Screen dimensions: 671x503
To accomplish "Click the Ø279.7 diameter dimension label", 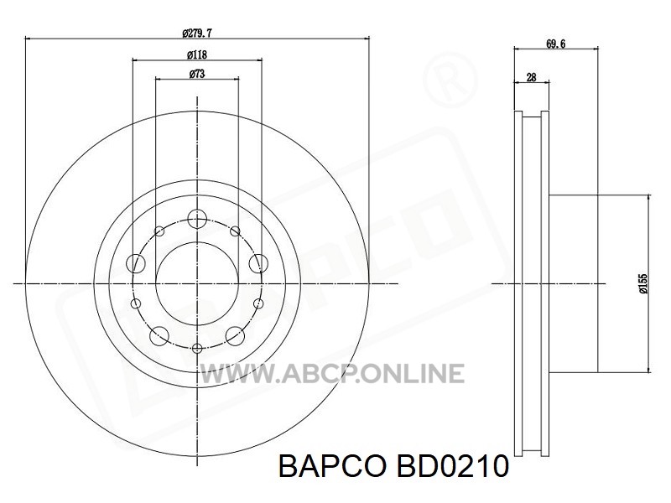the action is coord(197,33).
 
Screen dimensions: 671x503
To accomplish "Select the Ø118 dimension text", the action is coord(197,54).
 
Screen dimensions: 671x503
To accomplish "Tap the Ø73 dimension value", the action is coord(197,74).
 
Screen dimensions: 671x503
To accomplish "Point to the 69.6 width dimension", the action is coord(555,44).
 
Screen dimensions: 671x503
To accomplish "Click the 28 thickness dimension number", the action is coord(531,77).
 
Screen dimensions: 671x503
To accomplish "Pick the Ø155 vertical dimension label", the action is coord(643,283).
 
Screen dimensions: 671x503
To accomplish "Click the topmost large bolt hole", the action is coord(197,219).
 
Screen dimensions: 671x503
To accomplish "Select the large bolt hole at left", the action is coord(136,262).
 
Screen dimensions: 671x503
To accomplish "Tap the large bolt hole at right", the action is coord(258,262).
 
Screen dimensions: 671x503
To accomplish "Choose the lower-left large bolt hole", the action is coord(159,336).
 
